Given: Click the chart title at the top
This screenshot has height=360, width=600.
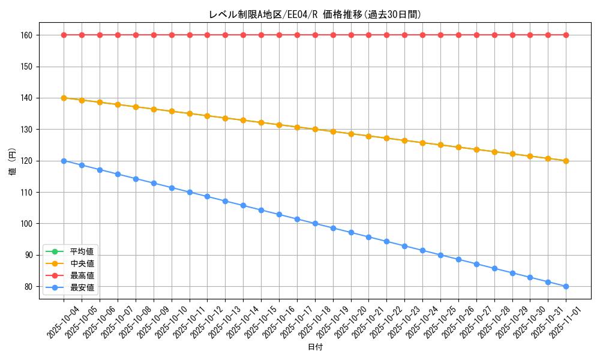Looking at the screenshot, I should [315, 14].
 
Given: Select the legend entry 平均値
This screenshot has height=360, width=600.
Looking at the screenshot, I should [82, 251].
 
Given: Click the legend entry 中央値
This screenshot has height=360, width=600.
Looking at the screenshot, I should [82, 263].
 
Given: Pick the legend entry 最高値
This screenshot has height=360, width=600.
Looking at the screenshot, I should [82, 275].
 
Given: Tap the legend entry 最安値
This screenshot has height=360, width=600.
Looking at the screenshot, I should [82, 288].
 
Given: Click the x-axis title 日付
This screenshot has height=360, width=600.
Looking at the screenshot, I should [315, 347].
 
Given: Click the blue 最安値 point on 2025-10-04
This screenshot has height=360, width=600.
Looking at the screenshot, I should [64, 161].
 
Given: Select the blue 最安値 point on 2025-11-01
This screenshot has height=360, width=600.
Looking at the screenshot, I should [566, 286].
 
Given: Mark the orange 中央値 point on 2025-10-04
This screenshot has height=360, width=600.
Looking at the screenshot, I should [64, 98].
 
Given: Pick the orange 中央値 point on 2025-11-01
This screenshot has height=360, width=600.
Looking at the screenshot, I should [566, 161].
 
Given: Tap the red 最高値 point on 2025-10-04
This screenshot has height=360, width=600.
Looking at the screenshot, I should [64, 35].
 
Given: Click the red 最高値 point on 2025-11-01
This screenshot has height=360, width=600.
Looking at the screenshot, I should [566, 35].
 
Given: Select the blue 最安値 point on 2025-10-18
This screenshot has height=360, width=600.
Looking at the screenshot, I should [315, 223].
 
